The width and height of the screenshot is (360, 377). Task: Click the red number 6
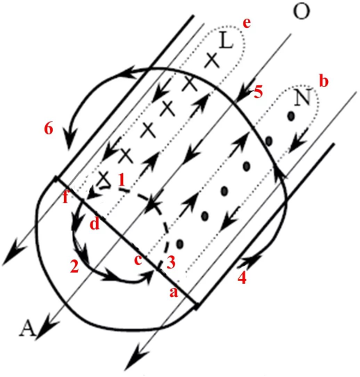[48, 129]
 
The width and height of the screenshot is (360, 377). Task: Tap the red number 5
[258, 92]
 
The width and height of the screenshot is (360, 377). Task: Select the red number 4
[242, 278]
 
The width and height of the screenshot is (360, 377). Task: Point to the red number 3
[171, 262]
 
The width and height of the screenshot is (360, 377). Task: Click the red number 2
[74, 266]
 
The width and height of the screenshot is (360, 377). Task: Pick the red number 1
[122, 180]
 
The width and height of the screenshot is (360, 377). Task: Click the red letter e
[247, 23]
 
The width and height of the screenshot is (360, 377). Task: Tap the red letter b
[324, 82]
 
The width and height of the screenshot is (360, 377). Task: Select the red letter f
[65, 198]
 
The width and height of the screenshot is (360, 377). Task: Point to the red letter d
[95, 224]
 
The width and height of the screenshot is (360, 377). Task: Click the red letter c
[138, 260]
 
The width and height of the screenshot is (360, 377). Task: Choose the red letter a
[174, 292]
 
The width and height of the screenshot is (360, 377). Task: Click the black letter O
[302, 11]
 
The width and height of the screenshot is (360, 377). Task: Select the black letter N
[303, 97]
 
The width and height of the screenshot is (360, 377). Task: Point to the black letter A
[28, 328]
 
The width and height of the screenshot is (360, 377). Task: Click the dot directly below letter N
[291, 116]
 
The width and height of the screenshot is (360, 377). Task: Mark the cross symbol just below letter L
[212, 61]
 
